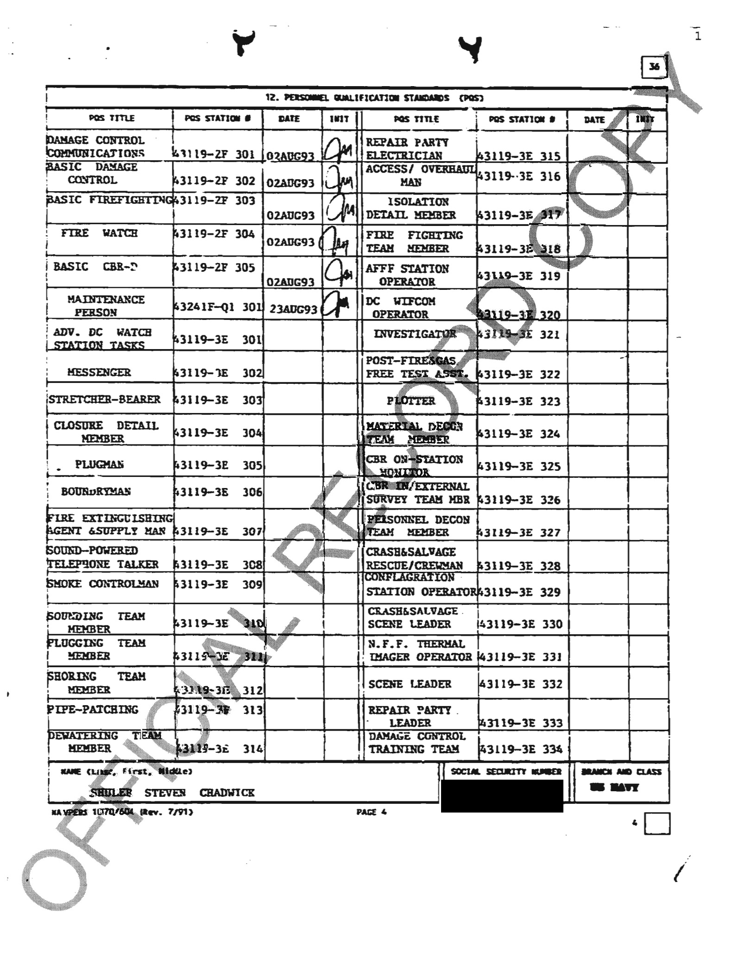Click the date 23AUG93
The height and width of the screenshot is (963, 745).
tap(293, 309)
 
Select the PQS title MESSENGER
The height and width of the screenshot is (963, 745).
tap(99, 372)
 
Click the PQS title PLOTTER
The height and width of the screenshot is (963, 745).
tap(410, 400)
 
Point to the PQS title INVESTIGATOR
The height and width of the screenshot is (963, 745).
tap(415, 334)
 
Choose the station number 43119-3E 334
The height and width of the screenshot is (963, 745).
tap(520, 749)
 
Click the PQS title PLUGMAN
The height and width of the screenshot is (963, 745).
tap(99, 464)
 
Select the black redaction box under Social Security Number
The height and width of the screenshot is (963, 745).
tap(502, 796)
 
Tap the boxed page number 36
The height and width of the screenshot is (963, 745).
tap(654, 67)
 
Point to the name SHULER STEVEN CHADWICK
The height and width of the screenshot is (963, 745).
tap(172, 793)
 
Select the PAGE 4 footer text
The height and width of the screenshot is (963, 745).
tap(371, 812)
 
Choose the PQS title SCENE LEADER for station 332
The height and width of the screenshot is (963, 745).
tap(410, 684)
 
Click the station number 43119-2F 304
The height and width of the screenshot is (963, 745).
tap(214, 234)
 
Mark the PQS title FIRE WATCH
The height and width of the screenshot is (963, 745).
tap(99, 233)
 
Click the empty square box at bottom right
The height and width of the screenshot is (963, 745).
tap(657, 823)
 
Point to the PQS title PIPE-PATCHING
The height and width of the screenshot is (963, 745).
tap(93, 709)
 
